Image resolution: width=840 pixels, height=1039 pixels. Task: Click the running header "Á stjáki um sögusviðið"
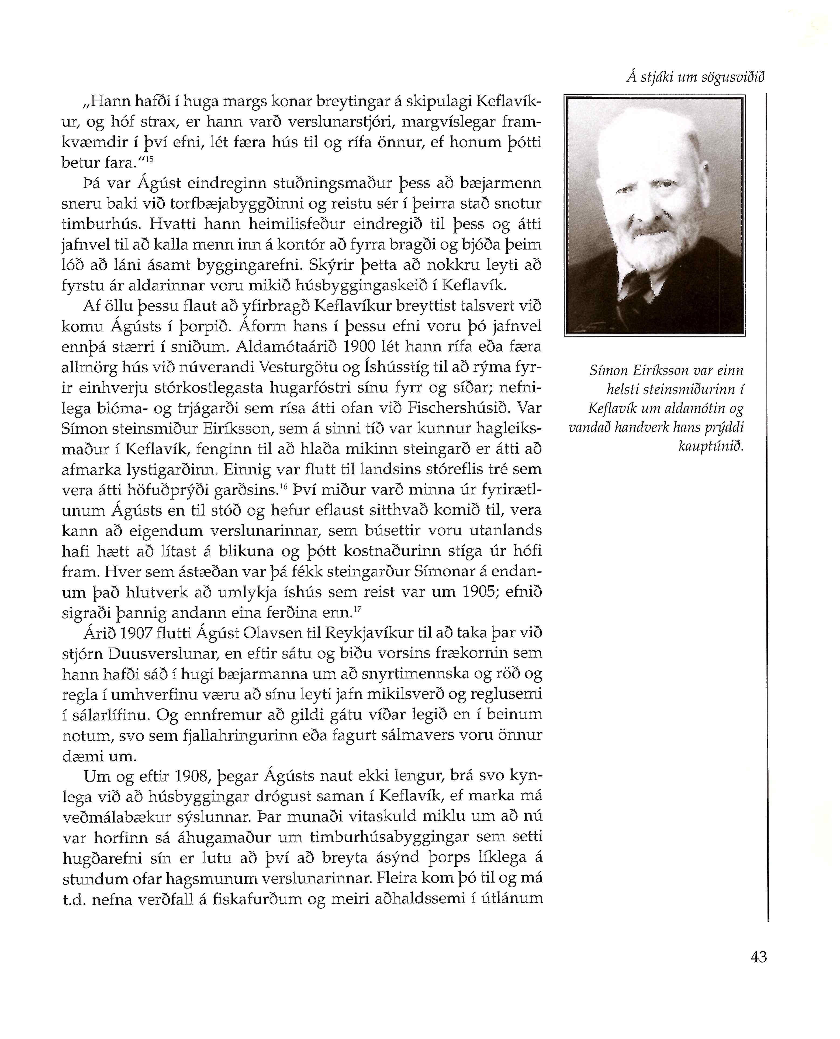click(x=695, y=77)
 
